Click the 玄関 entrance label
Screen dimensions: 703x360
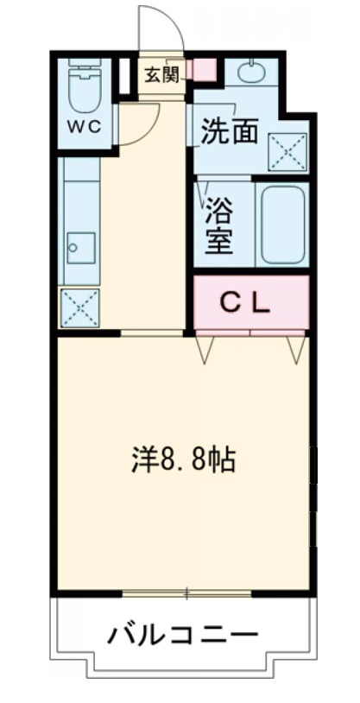(161, 74)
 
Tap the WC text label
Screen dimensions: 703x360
(85, 124)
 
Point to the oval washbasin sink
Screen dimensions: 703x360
(251, 73)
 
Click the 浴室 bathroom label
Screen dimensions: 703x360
(218, 226)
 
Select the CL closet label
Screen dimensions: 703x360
(249, 302)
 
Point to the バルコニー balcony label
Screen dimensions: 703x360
(182, 637)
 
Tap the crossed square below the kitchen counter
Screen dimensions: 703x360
(79, 307)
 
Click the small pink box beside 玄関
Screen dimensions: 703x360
(204, 70)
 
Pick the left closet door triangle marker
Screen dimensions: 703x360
(206, 348)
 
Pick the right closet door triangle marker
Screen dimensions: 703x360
(296, 348)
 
